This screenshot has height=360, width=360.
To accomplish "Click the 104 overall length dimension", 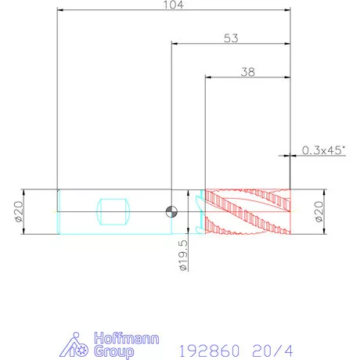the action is click(174, 5).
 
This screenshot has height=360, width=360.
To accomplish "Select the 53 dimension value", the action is click(231, 38).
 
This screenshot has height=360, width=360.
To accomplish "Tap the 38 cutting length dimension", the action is click(248, 72).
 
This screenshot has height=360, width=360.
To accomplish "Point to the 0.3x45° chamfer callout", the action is click(323, 150).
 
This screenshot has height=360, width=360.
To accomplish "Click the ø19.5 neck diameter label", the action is click(183, 255).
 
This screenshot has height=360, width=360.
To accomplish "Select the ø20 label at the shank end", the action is click(19, 211).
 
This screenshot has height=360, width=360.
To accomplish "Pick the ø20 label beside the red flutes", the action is click(319, 211).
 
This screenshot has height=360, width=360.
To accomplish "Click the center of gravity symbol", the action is click(171, 211).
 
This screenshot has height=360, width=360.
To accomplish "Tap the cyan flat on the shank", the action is click(113, 212).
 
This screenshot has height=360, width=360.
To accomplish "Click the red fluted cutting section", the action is click(248, 212).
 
